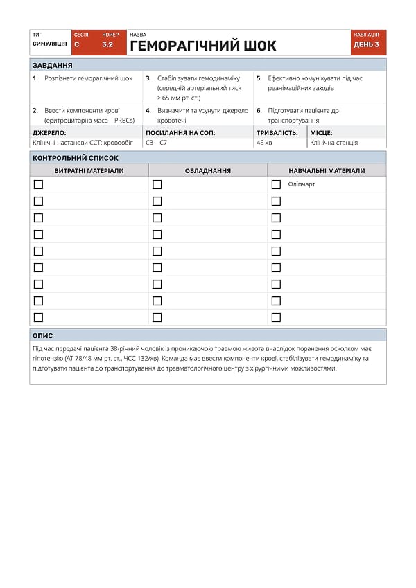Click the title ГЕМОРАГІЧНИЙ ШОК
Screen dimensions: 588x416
point(202,46)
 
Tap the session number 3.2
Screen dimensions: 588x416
point(107,44)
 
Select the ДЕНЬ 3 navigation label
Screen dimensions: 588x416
point(366,44)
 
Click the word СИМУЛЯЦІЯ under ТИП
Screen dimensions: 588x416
point(49,44)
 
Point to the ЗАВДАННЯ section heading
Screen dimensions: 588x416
point(52,65)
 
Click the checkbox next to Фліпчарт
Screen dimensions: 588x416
point(276,184)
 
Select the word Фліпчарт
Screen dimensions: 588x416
point(301,184)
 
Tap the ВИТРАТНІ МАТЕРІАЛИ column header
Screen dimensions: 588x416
point(89,170)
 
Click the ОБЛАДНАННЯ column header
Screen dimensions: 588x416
point(208,170)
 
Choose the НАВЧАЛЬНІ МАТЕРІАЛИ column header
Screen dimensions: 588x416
point(327,170)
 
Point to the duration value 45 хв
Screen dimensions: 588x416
point(264,143)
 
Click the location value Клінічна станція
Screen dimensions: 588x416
point(333,143)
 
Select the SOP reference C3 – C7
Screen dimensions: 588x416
point(156,143)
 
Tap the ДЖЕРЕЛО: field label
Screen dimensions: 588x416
point(49,132)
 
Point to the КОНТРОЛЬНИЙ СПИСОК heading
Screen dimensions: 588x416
point(70,158)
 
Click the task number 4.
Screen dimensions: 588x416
point(148,110)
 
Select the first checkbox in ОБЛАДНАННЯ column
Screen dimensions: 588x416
point(157,184)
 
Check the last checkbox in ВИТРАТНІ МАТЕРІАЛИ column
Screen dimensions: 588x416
point(38,317)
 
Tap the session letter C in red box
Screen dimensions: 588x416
point(77,44)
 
